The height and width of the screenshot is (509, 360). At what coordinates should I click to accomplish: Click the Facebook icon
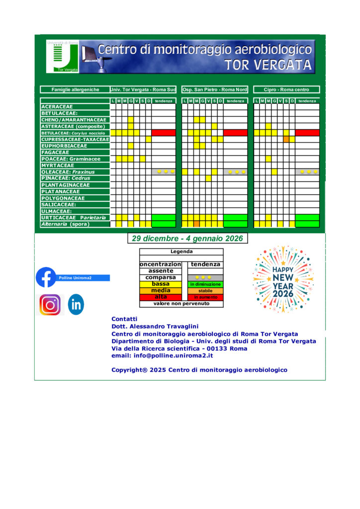pyautogui.click(x=46, y=277)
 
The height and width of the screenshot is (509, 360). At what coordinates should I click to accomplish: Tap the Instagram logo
pyautogui.click(x=50, y=305)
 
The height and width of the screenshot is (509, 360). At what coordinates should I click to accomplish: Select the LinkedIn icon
pyautogui.click(x=76, y=305)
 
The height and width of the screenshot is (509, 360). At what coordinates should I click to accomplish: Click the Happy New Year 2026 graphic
pyautogui.click(x=282, y=278)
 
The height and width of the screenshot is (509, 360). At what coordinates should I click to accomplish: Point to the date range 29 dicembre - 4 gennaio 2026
pyautogui.click(x=187, y=239)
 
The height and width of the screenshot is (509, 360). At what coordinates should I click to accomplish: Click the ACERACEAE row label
pyautogui.click(x=75, y=106)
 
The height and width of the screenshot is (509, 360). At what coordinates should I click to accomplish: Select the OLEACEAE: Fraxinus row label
pyautogui.click(x=75, y=172)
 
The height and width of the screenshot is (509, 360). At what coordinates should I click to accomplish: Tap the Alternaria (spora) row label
pyautogui.click(x=75, y=224)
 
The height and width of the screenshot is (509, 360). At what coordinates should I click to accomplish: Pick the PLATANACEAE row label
pyautogui.click(x=75, y=191)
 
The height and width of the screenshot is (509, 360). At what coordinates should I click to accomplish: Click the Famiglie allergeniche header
pyautogui.click(x=75, y=89)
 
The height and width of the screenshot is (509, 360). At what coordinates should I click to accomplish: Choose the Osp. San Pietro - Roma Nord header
pyautogui.click(x=214, y=89)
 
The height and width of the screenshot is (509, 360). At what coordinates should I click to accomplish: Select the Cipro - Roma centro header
pyautogui.click(x=286, y=89)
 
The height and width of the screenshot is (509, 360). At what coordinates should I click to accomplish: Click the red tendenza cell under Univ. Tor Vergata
pyautogui.click(x=164, y=133)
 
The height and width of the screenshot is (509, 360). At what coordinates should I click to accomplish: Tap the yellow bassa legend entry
pyautogui.click(x=161, y=284)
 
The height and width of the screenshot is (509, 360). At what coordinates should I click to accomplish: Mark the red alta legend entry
pyautogui.click(x=161, y=297)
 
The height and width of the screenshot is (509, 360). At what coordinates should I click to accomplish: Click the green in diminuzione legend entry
pyautogui.click(x=205, y=284)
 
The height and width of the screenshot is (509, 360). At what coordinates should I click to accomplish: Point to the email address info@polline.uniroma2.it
pyautogui.click(x=162, y=356)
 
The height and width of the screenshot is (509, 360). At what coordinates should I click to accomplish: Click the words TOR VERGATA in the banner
pyautogui.click(x=268, y=65)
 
